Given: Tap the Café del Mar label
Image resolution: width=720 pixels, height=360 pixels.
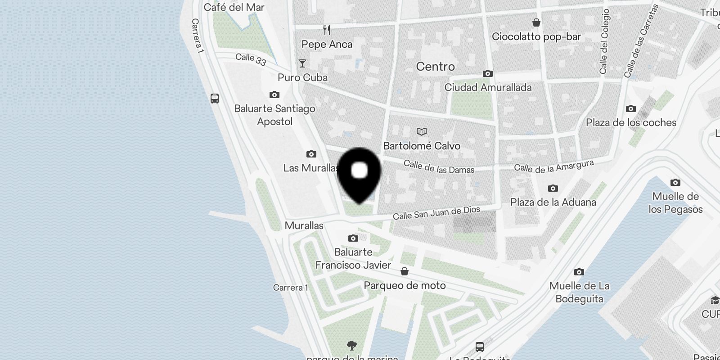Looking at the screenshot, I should (234, 7).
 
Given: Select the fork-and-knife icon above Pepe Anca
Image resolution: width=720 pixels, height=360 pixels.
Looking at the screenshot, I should (327, 30).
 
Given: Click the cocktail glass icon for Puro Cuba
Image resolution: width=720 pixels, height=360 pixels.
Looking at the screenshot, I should (302, 63).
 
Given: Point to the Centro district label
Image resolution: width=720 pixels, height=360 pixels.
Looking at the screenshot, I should (435, 67).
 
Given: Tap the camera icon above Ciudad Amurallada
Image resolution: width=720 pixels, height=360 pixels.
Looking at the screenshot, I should (487, 73).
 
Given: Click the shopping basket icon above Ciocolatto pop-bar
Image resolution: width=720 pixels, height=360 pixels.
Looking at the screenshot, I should (536, 22).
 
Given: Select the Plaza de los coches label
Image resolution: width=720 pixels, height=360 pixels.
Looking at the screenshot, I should (631, 122).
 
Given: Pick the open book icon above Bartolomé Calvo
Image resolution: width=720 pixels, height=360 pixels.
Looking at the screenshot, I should (422, 131).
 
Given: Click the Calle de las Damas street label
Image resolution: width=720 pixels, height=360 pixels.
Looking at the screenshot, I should (439, 166).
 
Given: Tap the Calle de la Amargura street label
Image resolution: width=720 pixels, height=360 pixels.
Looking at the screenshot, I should (553, 166).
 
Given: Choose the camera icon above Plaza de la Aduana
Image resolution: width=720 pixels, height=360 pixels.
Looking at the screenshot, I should (553, 188).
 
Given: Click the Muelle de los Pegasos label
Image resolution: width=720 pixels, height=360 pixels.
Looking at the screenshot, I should (675, 202).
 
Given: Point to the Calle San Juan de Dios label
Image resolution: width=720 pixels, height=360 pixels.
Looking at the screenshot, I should (436, 213).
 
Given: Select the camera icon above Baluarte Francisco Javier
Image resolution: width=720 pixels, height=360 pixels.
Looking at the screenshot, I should (353, 238).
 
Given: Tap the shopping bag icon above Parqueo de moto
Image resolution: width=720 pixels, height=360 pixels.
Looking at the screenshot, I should (405, 271).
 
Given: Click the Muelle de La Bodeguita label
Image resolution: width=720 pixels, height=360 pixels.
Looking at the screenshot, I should (579, 292).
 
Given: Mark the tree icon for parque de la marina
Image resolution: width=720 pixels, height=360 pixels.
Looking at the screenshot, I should (352, 346).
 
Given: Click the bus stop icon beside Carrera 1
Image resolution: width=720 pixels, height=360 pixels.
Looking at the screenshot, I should (215, 98).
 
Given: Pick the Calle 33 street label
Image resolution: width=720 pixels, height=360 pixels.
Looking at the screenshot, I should (251, 59).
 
